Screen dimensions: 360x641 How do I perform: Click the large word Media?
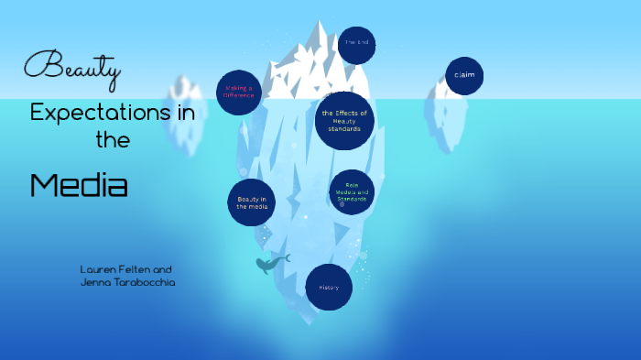tap(78, 186)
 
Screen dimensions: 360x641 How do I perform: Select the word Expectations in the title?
tap(85, 113)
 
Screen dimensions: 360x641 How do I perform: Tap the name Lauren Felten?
tap(112, 269)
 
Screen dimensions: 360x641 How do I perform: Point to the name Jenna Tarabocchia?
tap(127, 283)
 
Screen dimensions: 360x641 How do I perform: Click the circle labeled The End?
tap(356, 43)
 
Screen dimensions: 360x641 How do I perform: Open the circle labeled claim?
tap(464, 75)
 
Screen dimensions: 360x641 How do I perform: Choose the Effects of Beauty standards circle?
tap(344, 120)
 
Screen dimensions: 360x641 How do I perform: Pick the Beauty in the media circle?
tap(252, 202)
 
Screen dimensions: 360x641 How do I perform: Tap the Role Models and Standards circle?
tap(352, 192)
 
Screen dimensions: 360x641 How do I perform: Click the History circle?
tap(329, 288)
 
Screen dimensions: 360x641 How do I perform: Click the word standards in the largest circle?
tap(344, 129)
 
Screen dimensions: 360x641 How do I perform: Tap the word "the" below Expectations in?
tap(113, 140)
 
